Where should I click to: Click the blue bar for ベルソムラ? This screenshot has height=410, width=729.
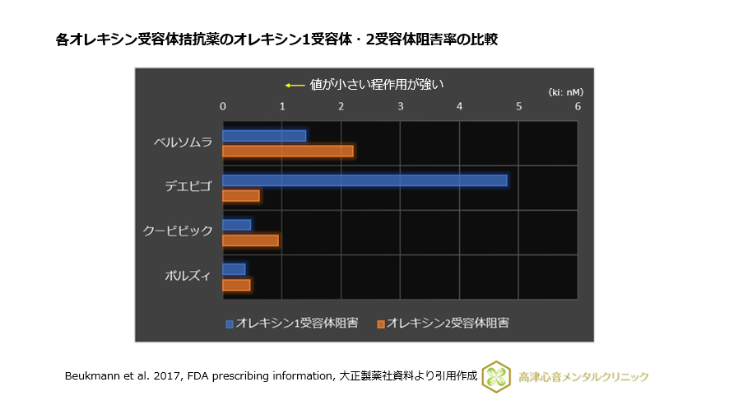point(264,136)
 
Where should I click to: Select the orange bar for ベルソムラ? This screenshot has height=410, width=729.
point(288,151)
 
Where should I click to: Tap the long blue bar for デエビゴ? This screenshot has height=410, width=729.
point(364,180)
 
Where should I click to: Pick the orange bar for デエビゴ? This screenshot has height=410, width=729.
point(241,195)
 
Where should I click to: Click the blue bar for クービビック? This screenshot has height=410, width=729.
point(237,225)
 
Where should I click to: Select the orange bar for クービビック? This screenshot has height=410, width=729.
point(251,240)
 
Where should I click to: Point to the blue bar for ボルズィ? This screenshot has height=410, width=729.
point(234,269)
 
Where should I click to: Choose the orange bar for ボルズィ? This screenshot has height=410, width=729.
point(236,285)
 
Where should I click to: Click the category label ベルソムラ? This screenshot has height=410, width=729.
point(183,142)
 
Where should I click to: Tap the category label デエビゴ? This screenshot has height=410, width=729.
point(188,187)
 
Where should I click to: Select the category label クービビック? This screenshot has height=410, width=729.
point(179,231)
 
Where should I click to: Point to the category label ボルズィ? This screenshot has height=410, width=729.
point(188,276)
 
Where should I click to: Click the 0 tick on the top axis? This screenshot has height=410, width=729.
point(223,106)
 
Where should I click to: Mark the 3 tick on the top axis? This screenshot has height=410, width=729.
point(401,106)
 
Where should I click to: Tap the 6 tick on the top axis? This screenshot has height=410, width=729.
point(578,106)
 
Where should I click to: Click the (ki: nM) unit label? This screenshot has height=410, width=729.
point(566,91)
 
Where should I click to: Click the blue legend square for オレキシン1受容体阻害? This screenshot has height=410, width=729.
point(230,324)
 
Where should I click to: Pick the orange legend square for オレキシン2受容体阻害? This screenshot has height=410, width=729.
point(380,324)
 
